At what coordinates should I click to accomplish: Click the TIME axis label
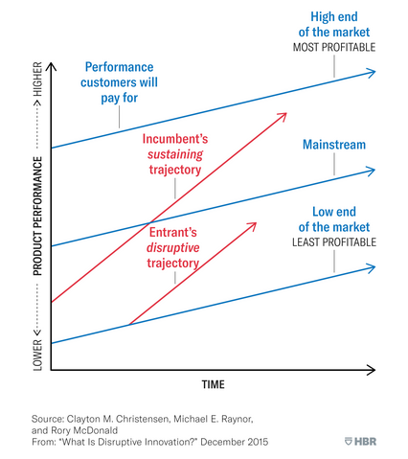(x=213, y=384)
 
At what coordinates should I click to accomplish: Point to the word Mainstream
(x=334, y=145)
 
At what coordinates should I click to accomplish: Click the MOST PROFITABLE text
(x=335, y=47)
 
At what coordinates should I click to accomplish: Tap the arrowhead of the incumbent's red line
(x=284, y=114)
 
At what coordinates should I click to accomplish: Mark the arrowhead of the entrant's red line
(x=256, y=224)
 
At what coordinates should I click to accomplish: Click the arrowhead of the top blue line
(x=373, y=72)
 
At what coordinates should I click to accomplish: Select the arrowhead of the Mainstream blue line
(x=373, y=171)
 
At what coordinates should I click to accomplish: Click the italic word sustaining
(x=175, y=153)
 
